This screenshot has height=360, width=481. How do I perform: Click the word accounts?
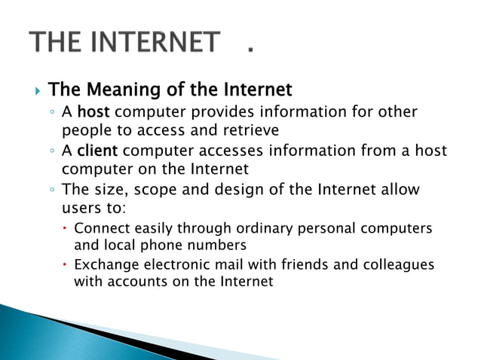[x=136, y=282]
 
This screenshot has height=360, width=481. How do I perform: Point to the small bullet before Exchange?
[x=66, y=266]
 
